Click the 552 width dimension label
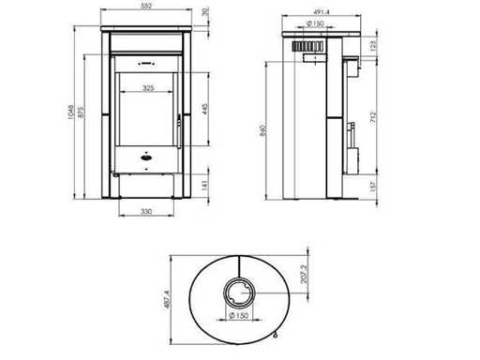[x=146, y=6]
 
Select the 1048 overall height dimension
[x=70, y=112]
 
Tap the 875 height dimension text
[x=81, y=112]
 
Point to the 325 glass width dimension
[x=148, y=88]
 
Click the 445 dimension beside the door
[x=205, y=109]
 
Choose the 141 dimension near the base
[x=205, y=185]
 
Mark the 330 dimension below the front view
[x=146, y=212]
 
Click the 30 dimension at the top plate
[x=205, y=12]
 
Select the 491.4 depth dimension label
[x=322, y=12]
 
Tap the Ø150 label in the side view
[x=315, y=23]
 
